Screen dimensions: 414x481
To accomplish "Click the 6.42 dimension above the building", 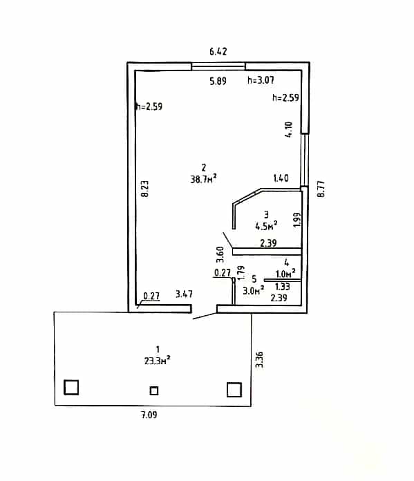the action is pyautogui.click(x=218, y=52).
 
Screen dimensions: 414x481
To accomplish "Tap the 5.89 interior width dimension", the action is pyautogui.click(x=218, y=81).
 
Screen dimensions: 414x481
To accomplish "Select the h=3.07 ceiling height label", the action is pyautogui.click(x=261, y=80).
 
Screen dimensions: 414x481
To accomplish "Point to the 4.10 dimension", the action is pyautogui.click(x=289, y=129).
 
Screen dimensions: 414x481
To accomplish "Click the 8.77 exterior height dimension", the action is pyautogui.click(x=321, y=189).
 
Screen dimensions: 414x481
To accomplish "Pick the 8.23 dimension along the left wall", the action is pyautogui.click(x=144, y=189).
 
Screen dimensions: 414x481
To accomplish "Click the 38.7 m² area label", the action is pyautogui.click(x=203, y=179).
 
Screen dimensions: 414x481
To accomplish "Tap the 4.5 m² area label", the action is pyautogui.click(x=266, y=226).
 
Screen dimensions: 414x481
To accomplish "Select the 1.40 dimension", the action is pyautogui.click(x=281, y=178).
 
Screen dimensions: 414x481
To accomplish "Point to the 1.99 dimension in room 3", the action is pyautogui.click(x=297, y=220).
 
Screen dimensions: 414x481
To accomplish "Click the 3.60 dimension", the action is pyautogui.click(x=220, y=254).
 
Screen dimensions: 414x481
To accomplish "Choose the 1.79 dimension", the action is pyautogui.click(x=241, y=272).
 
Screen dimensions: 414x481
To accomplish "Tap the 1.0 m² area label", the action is pyautogui.click(x=285, y=273).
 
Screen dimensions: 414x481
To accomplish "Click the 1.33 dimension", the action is pyautogui.click(x=283, y=286).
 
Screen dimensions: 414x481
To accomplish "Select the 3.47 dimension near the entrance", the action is pyautogui.click(x=184, y=294).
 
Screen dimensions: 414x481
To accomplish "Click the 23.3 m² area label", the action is pyautogui.click(x=158, y=361).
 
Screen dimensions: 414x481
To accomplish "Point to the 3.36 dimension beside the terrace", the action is pyautogui.click(x=260, y=359).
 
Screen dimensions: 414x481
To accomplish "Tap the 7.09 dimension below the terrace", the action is pyautogui.click(x=149, y=415).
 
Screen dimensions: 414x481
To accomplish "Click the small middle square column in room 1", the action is pyautogui.click(x=153, y=391).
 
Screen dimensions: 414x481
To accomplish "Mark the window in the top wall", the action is pyautogui.click(x=218, y=66).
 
